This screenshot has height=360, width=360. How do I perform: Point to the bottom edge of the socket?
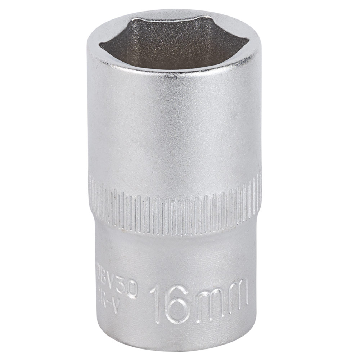coord(173,347)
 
